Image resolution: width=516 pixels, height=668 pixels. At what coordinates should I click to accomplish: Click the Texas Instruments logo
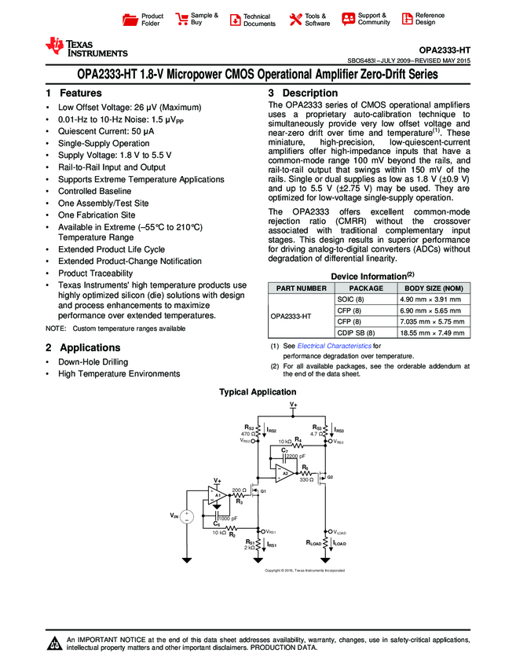85,47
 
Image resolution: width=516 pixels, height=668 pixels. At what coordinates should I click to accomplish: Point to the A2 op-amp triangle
282,471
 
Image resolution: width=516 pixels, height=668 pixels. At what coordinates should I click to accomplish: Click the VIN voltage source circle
187,516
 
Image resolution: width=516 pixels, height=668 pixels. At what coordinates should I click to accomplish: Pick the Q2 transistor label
330,477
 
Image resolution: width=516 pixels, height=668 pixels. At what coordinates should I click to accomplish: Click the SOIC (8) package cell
349,299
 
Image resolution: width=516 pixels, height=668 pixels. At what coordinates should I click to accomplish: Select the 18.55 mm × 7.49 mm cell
430,332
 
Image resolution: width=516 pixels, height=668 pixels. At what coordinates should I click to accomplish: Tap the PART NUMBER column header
298,288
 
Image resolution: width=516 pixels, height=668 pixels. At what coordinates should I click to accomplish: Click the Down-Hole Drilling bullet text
93,362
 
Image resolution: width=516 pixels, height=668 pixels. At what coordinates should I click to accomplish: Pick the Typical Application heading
258,391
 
